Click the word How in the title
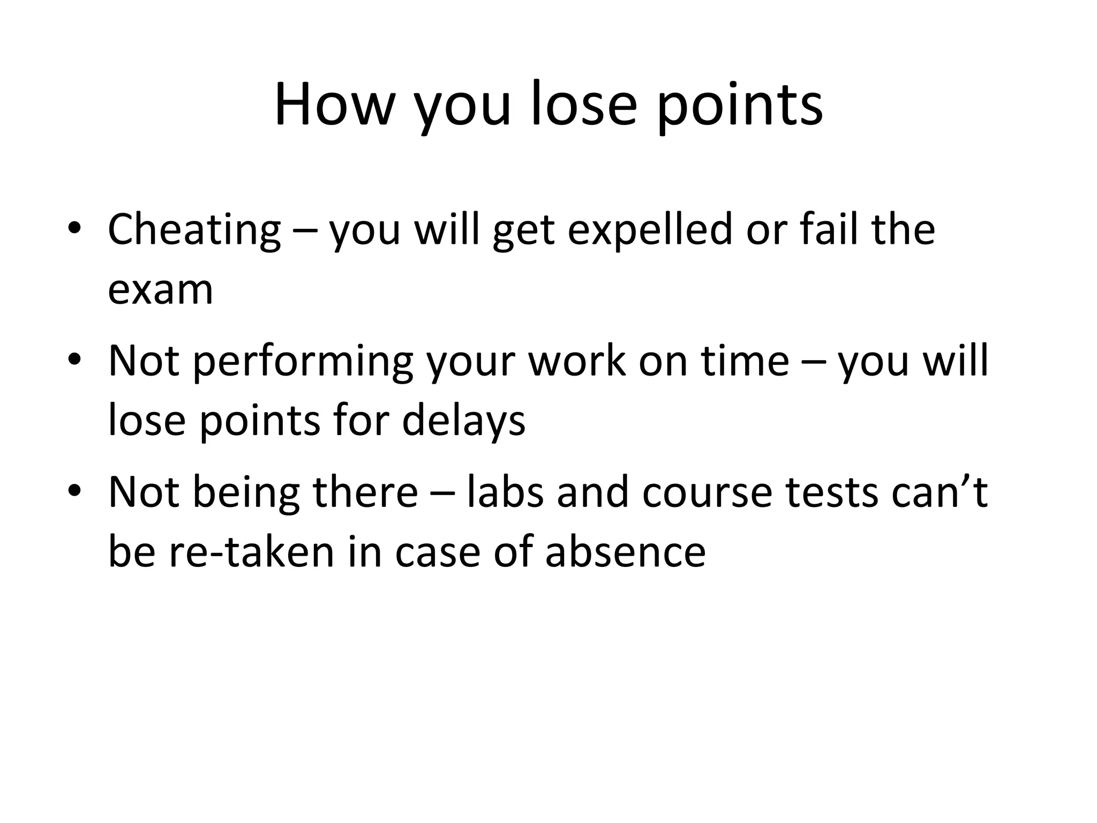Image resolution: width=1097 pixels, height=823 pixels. point(334,104)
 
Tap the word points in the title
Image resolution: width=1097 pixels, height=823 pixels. point(740,107)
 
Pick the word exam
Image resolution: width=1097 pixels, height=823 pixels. point(161,290)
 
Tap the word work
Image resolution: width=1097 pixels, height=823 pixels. point(576,361)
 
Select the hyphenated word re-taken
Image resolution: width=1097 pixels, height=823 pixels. point(251,552)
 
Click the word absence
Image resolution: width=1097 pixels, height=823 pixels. point(625,552)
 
